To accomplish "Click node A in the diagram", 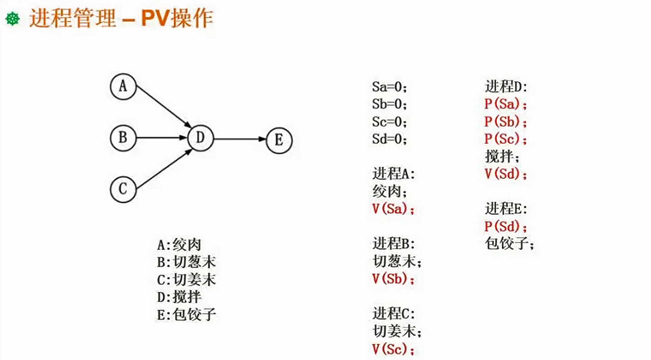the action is click(123, 87).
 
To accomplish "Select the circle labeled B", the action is click(123, 138).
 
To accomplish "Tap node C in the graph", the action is click(123, 189).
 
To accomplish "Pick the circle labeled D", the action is click(200, 138).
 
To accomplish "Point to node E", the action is click(279, 140).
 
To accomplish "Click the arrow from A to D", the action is click(163, 106).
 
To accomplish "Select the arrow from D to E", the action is click(240, 139).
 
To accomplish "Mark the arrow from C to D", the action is click(163, 170).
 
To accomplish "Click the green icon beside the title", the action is click(13, 18).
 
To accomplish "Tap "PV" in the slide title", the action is click(155, 18).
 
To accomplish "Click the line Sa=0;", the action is click(389, 87).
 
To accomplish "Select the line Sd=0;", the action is click(389, 139).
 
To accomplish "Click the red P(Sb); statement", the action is click(505, 122).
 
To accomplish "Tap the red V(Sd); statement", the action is click(505, 174).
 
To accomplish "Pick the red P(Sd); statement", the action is click(505, 226).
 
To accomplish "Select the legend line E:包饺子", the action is click(186, 315).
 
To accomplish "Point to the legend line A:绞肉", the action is click(179, 245).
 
